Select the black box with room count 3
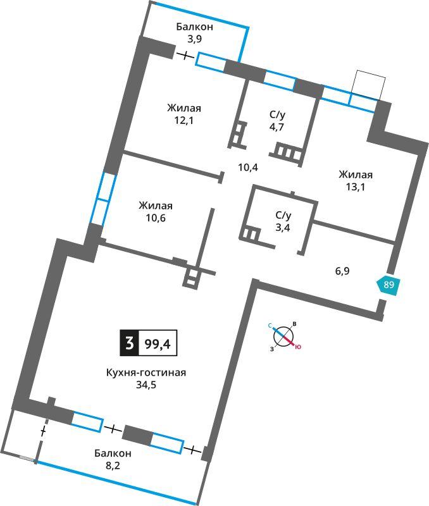130,343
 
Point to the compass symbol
283,336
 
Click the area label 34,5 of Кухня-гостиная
146,385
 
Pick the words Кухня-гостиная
146,373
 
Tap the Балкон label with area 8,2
113,454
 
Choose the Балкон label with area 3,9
194,27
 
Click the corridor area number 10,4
248,168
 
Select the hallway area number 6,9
342,271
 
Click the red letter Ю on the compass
298,347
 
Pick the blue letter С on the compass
270,326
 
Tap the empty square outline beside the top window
368,85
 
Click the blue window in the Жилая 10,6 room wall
103,198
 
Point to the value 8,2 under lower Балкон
113,466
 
